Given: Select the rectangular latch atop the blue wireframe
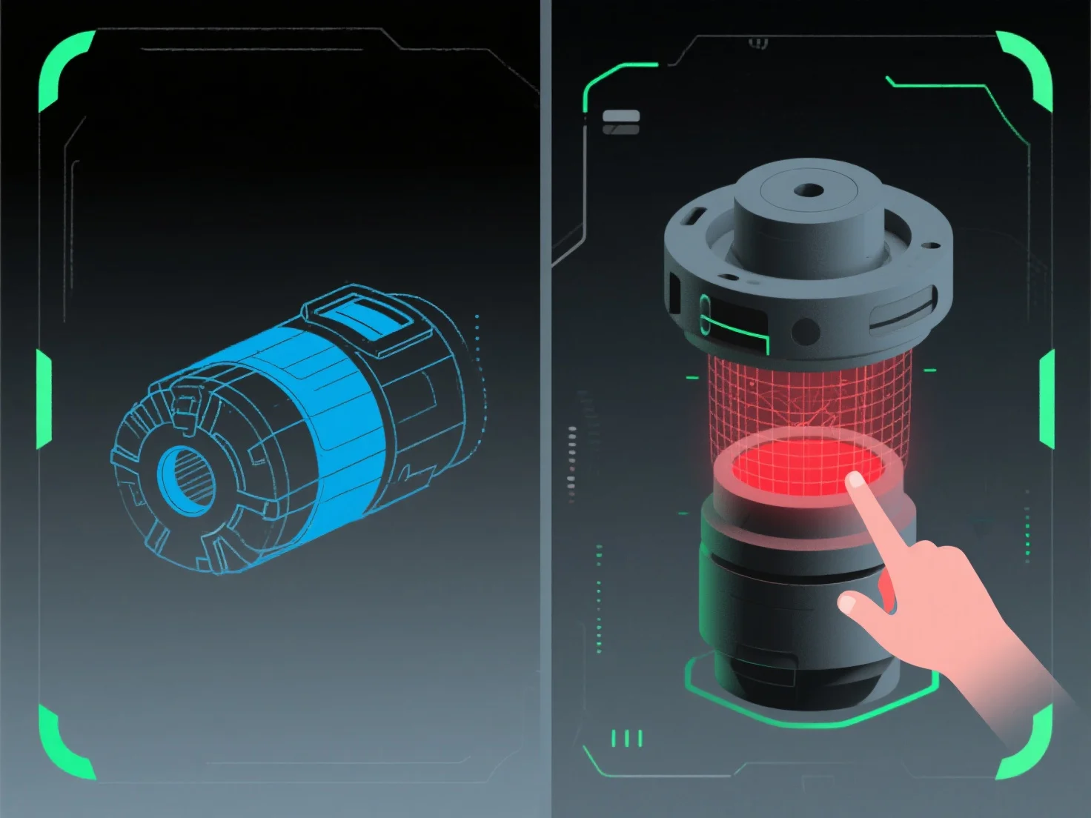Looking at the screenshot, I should click(x=361, y=320).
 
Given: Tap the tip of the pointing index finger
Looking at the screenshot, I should click(x=855, y=480).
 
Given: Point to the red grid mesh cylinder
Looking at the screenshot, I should click(x=808, y=393).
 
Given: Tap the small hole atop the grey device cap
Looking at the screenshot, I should click(x=809, y=190).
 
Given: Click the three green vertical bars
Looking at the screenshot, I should click(x=627, y=738).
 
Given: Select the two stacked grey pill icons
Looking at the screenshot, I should click(x=621, y=122).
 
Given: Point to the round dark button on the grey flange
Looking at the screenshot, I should click(x=804, y=330).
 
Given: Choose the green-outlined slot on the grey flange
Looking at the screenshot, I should click(x=734, y=326).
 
